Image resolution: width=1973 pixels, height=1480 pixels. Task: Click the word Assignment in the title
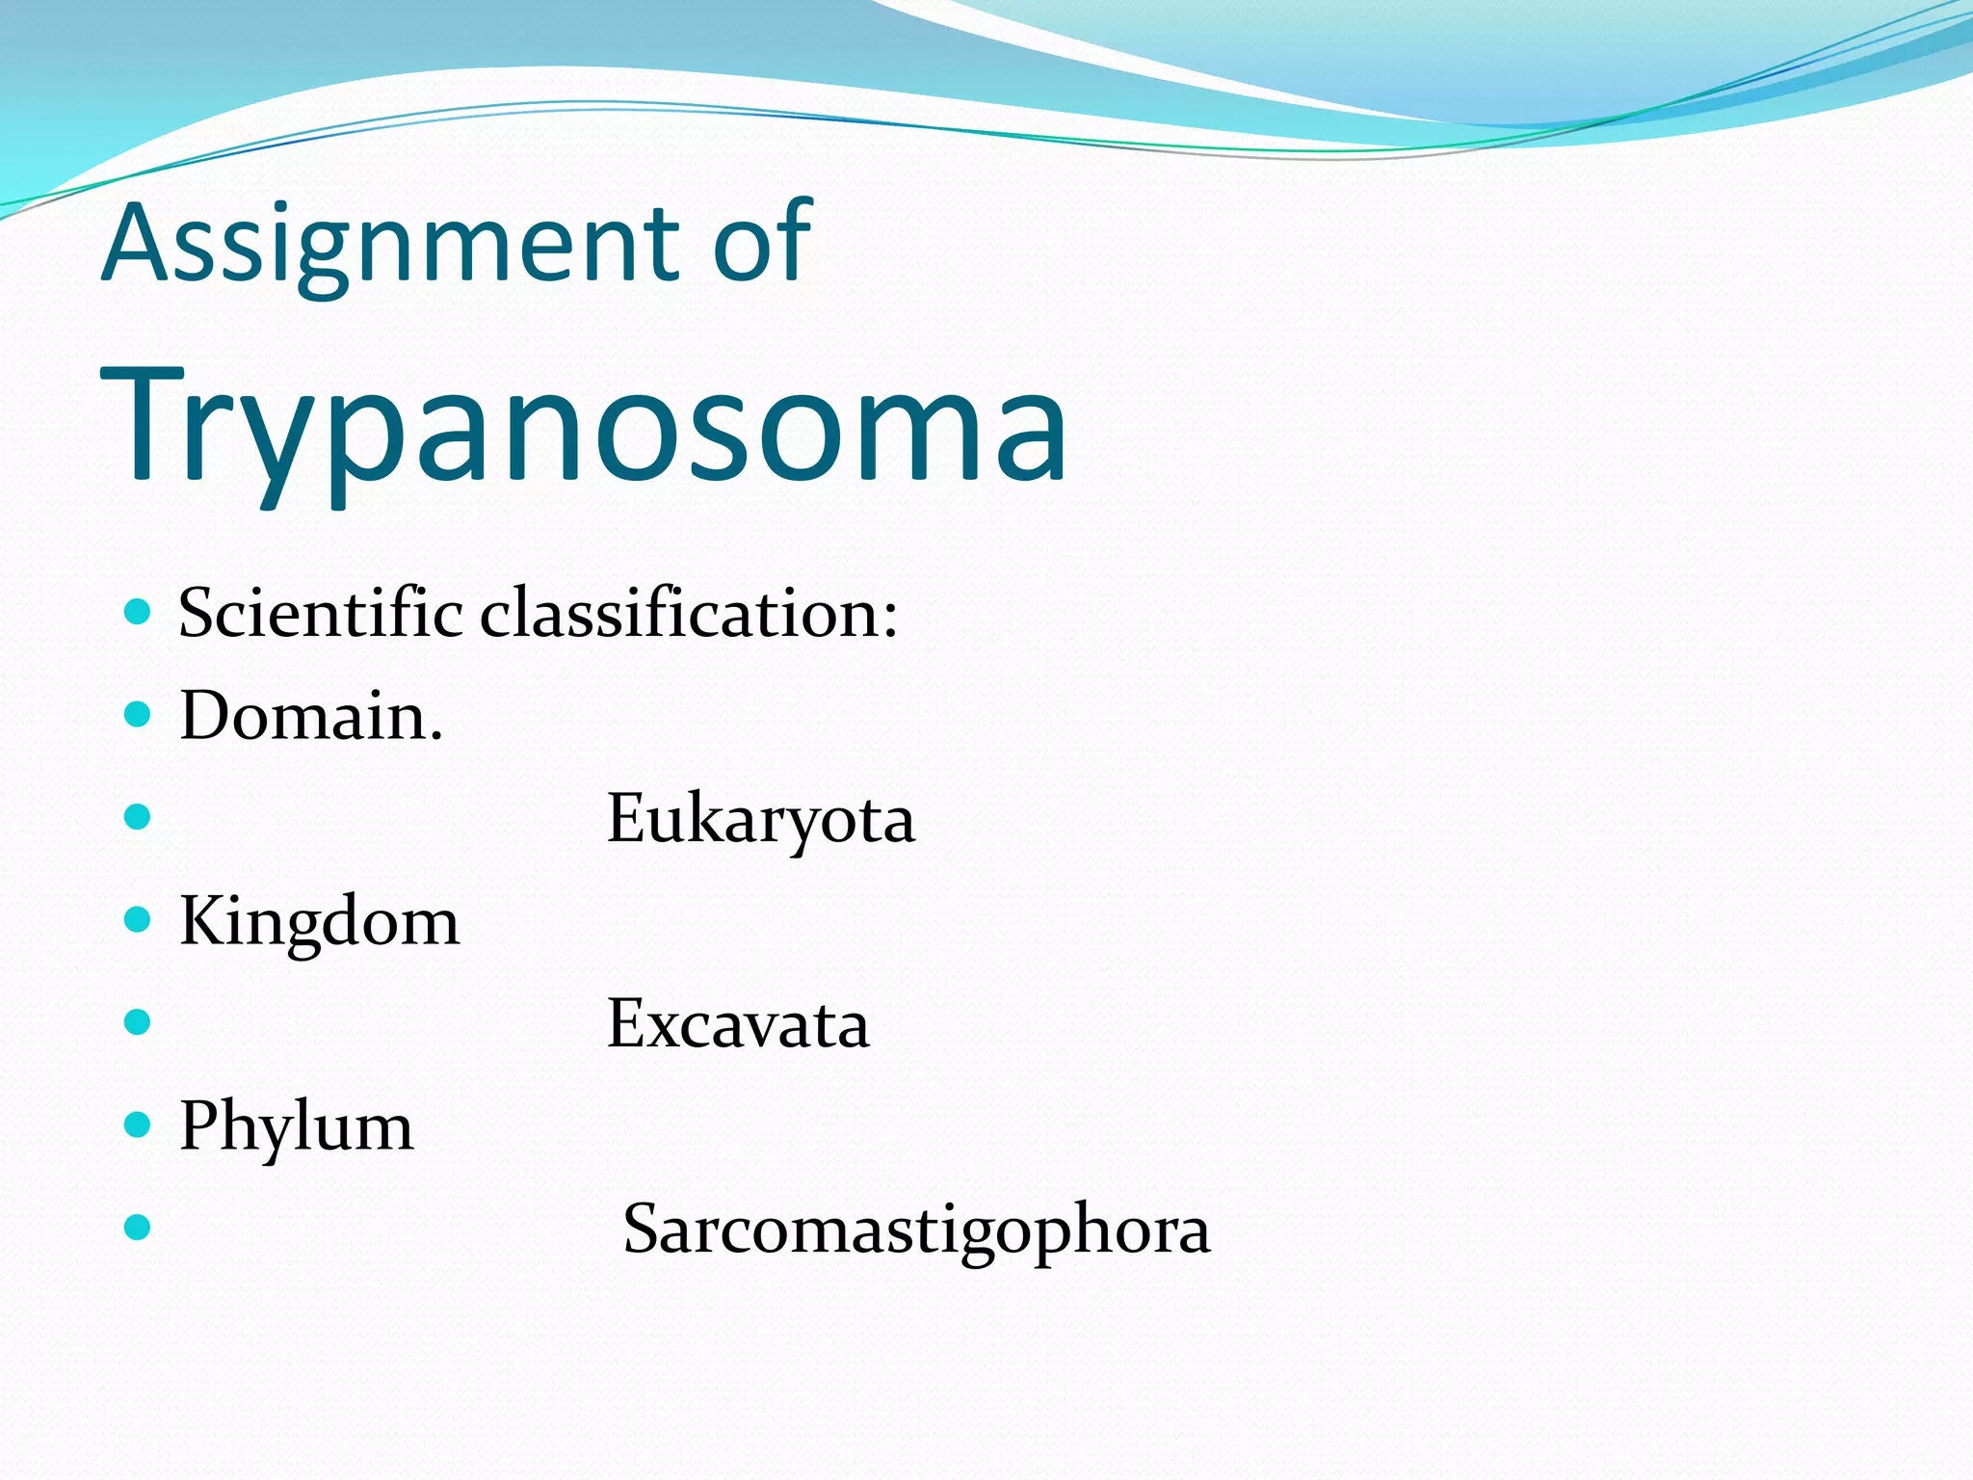coord(395,246)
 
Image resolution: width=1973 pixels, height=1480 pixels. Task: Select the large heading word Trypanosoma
coord(584,429)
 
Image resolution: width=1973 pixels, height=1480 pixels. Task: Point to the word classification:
coord(689,614)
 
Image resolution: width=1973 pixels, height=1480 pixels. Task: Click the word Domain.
coord(311,717)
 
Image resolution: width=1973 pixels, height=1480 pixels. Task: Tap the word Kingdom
coord(320,923)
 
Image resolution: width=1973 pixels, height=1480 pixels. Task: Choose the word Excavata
coord(738,1024)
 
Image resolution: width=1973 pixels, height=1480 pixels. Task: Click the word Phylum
coord(297,1127)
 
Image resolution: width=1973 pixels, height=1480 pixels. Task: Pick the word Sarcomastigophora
coord(916,1230)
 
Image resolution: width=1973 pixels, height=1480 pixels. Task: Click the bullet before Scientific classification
coord(139,612)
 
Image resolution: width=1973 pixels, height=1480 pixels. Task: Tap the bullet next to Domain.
coord(139,714)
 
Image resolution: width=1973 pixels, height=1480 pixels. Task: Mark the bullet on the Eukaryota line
coord(139,817)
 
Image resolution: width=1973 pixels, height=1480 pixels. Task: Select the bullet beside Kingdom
coord(139,919)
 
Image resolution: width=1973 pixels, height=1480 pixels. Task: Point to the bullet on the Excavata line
coord(139,1021)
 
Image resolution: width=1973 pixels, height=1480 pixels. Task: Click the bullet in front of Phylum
coord(139,1124)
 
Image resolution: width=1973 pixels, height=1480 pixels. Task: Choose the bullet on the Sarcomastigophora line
coord(139,1227)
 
